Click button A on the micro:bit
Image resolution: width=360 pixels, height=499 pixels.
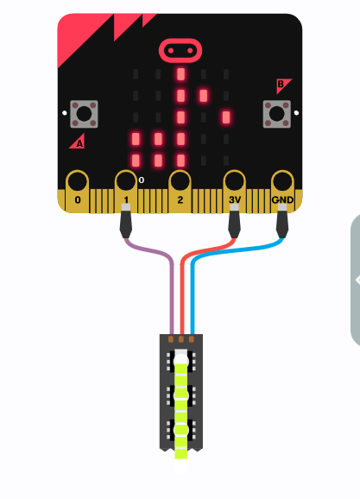tap(84, 114)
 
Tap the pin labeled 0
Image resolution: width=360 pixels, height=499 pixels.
tap(78, 191)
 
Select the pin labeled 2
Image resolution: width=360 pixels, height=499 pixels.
tap(180, 191)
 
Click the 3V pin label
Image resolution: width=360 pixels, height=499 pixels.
tap(235, 199)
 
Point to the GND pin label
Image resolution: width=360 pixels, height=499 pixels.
tap(282, 199)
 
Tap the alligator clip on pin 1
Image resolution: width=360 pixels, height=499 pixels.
tap(126, 220)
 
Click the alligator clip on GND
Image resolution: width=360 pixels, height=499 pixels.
tap(282, 220)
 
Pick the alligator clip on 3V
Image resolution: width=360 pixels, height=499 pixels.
tap(234, 220)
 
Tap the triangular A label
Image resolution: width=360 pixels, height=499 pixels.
tap(78, 142)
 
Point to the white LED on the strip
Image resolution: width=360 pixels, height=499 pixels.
tap(181, 357)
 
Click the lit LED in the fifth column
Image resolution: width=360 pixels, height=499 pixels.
tap(226, 117)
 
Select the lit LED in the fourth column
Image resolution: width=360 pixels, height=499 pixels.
tap(204, 96)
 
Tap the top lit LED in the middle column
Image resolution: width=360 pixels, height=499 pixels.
tap(180, 74)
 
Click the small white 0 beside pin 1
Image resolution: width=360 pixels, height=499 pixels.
tap(142, 180)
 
